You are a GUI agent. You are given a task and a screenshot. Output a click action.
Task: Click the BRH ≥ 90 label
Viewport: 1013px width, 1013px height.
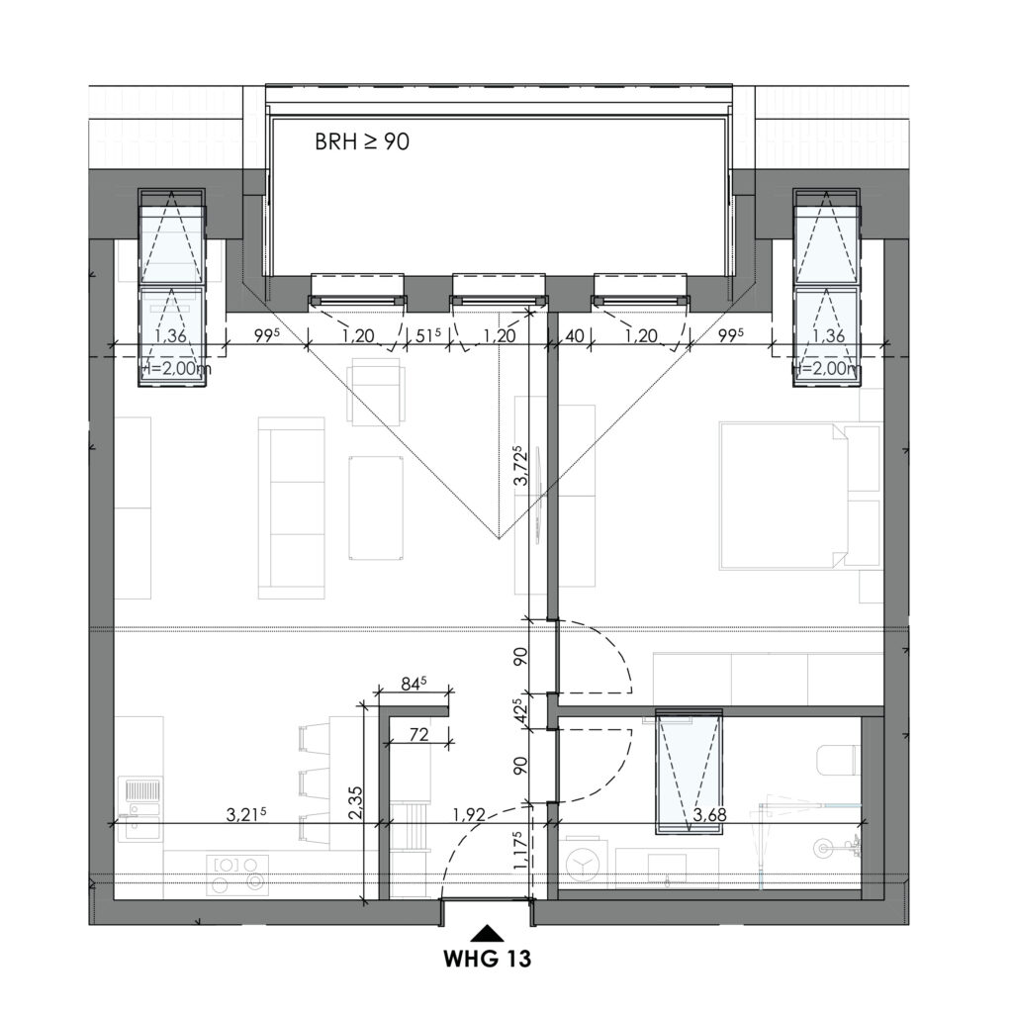pyautogui.click(x=362, y=141)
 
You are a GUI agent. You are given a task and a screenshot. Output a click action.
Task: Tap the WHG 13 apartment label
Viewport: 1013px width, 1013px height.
pyautogui.click(x=487, y=959)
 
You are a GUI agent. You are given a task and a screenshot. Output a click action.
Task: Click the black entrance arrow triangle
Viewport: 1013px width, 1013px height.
pyautogui.click(x=487, y=932)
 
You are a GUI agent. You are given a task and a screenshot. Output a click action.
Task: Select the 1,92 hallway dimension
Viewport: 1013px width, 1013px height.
pyautogui.click(x=468, y=815)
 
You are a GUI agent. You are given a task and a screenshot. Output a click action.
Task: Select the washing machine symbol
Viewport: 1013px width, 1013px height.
pyautogui.click(x=583, y=865)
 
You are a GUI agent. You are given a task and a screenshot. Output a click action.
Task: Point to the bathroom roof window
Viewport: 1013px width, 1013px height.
pyautogui.click(x=690, y=771)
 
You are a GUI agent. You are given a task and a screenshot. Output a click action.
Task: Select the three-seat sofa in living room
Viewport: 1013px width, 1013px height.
pyautogui.click(x=291, y=507)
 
